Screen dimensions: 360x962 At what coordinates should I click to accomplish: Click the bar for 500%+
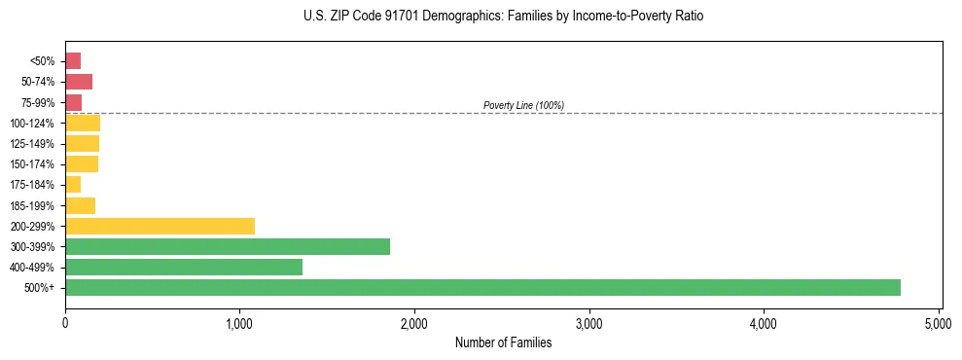tap(482, 287)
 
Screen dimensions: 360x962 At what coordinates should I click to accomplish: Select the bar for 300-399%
tap(228, 246)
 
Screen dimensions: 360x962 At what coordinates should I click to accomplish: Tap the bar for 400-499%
tap(184, 267)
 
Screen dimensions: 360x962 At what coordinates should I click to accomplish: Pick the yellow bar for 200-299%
tap(160, 226)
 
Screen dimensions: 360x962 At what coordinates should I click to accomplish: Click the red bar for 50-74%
tap(79, 82)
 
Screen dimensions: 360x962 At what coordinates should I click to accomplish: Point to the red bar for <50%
tap(73, 61)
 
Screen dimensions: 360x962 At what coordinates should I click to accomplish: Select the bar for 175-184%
tap(73, 185)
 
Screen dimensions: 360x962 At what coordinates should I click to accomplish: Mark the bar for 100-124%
tap(83, 123)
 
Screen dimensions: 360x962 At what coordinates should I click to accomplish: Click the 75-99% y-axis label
tap(39, 102)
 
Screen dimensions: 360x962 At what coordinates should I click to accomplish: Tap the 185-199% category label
tap(33, 205)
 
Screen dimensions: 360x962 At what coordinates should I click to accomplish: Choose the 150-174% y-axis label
tap(33, 164)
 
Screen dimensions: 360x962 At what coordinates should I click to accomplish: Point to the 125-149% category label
tap(33, 144)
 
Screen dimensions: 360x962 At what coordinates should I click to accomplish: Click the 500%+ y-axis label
tap(41, 288)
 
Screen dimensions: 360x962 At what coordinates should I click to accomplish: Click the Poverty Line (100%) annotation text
tap(523, 105)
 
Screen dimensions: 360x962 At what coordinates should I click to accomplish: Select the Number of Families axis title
tap(503, 342)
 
